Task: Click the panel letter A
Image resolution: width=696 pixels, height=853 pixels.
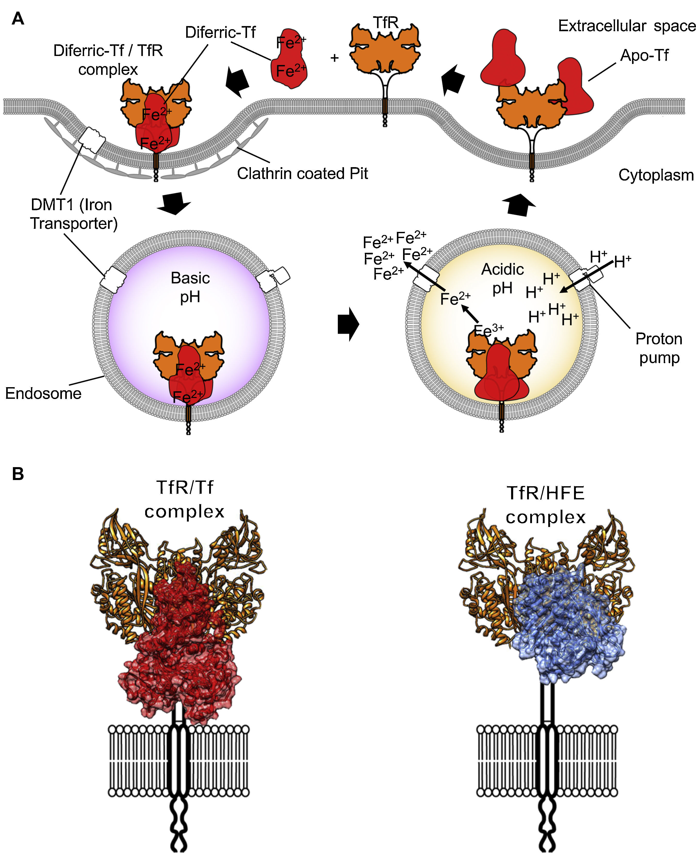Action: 18,19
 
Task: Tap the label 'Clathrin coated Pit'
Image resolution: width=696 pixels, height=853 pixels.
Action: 302,174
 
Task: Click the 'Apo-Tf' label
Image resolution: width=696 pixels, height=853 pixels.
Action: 644,55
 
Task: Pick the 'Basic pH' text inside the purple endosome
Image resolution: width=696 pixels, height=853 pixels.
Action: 190,287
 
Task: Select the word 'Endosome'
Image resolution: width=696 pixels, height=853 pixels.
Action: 43,393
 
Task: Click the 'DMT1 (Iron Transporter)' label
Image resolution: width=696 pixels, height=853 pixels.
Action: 73,214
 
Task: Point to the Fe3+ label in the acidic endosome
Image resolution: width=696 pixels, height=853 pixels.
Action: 489,330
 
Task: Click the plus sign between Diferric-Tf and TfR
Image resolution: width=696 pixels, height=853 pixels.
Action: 334,58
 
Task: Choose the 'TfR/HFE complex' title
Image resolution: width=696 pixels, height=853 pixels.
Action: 546,505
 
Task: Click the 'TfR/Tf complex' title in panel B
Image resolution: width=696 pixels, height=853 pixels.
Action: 184,499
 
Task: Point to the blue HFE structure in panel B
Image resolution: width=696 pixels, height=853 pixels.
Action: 569,634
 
